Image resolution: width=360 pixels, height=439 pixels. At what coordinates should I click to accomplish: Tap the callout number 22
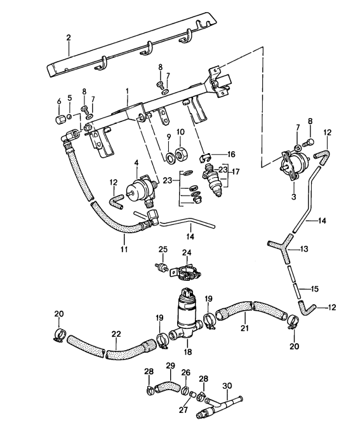(115, 333)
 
